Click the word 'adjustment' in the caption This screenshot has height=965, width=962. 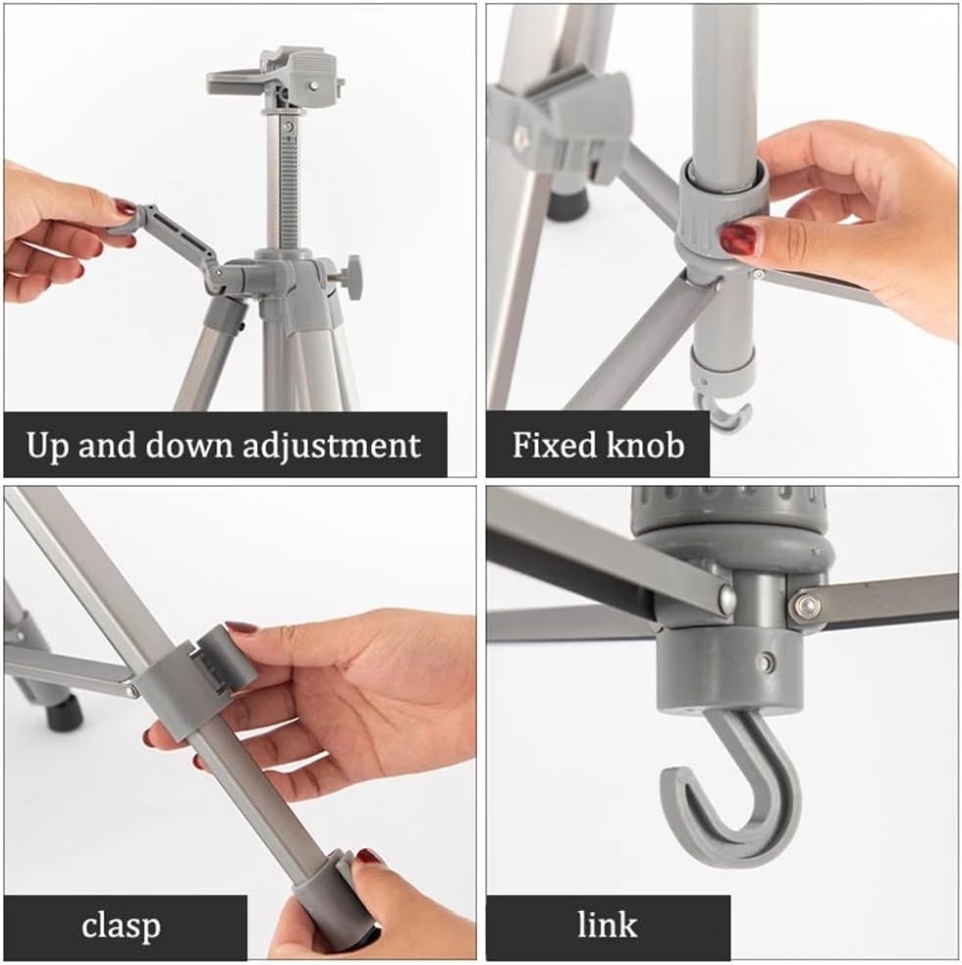click(x=332, y=446)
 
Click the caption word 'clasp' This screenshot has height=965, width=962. click(x=122, y=926)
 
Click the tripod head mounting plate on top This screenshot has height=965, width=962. click(x=275, y=74)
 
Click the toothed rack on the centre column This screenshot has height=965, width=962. click(x=290, y=186)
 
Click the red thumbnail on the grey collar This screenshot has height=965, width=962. click(x=738, y=240)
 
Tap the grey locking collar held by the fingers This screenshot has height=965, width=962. click(x=721, y=210)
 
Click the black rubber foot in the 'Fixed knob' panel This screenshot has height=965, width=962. click(x=566, y=204)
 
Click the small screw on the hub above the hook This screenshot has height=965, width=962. click(x=766, y=663)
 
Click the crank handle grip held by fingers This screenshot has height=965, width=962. click(x=126, y=224)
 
